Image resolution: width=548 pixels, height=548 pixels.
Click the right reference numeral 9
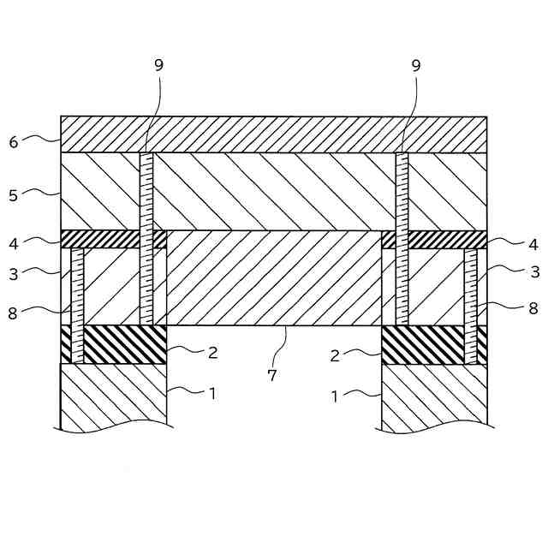tap(416, 64)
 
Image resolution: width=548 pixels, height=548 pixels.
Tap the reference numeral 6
tap(14, 142)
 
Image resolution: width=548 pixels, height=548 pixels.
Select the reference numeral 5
tap(13, 196)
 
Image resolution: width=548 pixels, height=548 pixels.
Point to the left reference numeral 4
tap(13, 243)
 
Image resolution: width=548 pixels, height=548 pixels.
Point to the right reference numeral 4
tap(533, 244)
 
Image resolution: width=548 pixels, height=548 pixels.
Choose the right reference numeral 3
tap(534, 272)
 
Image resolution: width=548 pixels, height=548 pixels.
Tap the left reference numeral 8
tap(13, 313)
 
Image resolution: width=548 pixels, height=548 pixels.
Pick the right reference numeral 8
tap(533, 308)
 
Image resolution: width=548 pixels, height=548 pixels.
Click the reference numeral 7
tap(272, 374)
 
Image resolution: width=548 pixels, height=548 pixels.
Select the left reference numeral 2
tap(212, 351)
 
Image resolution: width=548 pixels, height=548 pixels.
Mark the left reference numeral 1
tap(212, 394)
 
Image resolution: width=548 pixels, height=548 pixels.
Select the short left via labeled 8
tap(77, 305)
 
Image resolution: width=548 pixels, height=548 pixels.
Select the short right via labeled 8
tap(470, 305)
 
